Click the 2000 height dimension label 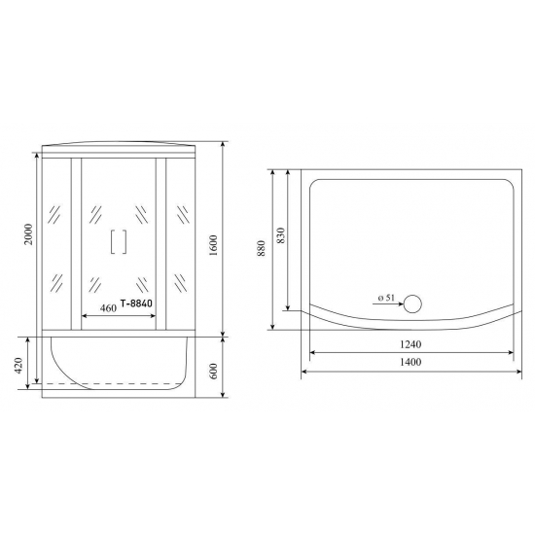click(30, 234)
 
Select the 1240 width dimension click(410, 343)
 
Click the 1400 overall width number click(410, 362)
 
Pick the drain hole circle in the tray click(413, 303)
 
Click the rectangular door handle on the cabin click(121, 240)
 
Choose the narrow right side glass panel click(183, 243)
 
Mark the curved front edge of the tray click(409, 325)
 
